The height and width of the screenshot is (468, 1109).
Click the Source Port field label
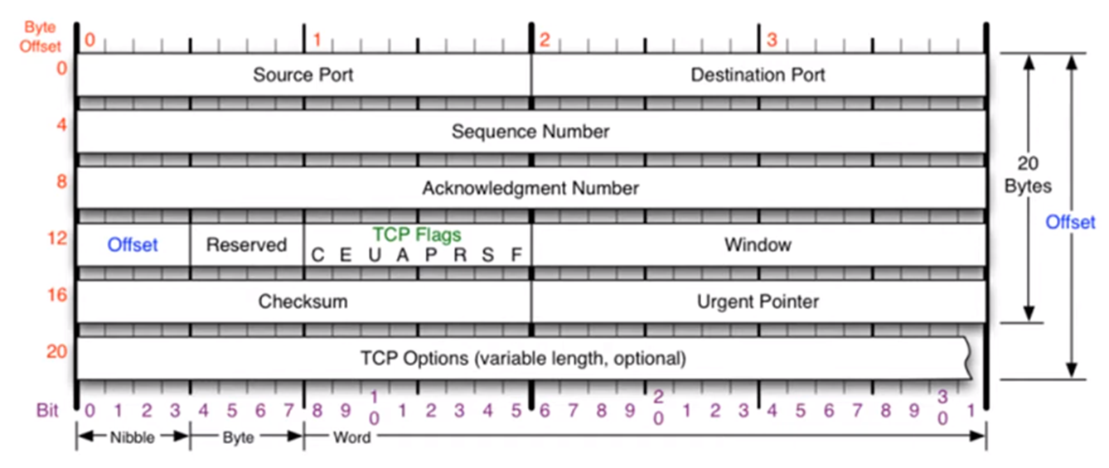coord(303,75)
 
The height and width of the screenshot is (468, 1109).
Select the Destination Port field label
coord(758,75)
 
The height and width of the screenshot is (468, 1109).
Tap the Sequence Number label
coord(530,132)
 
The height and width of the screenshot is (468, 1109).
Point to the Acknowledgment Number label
coord(530,188)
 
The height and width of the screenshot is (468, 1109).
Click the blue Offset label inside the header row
coord(133,245)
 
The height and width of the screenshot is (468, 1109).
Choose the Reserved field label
coord(246,245)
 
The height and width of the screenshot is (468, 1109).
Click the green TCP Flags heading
coord(417,235)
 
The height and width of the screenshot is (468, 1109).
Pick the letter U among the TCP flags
coord(374,255)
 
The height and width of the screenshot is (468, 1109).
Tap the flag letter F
coord(516,255)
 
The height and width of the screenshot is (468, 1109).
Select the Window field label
coord(758,245)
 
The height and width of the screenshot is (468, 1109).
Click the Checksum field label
coord(303,302)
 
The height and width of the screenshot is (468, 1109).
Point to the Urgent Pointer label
coord(758,302)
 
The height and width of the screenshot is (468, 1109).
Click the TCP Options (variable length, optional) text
coord(523,359)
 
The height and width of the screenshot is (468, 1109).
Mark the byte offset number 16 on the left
coord(56,295)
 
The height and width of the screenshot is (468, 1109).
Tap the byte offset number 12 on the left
coord(56,239)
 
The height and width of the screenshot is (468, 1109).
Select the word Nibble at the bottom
coord(132,437)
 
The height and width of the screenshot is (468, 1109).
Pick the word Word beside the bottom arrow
coord(351,437)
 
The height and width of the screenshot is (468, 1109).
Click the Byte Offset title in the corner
coord(40,36)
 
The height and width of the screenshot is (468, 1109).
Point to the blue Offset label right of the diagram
coord(1070,222)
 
